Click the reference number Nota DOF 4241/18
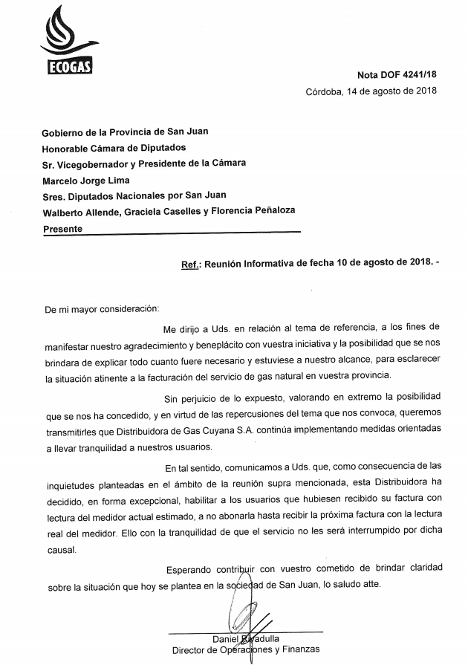click(397, 75)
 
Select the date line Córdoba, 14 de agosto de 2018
click(371, 91)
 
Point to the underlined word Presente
click(63, 229)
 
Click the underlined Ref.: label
click(191, 263)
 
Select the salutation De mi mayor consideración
click(102, 307)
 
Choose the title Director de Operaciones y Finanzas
click(246, 649)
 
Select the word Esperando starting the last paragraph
click(189, 568)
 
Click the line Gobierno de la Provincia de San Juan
click(125, 131)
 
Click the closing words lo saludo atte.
click(351, 585)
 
